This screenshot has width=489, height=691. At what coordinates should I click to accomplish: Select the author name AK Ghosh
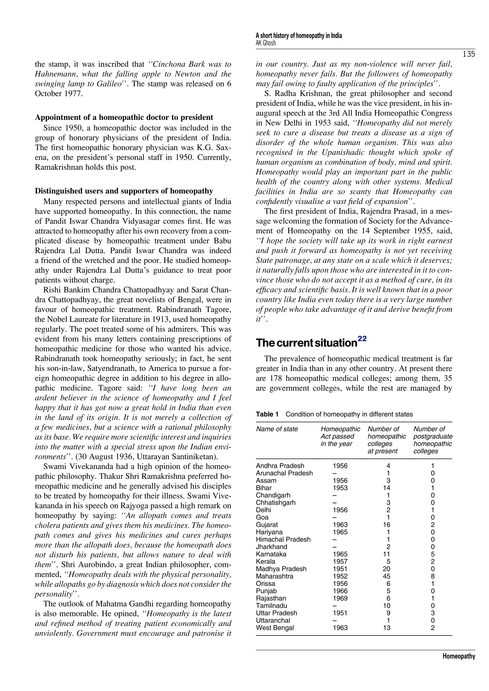click(266, 43)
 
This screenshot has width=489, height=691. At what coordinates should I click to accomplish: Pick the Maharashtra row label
click(274, 576)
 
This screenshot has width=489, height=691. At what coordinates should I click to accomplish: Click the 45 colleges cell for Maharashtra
click(386, 576)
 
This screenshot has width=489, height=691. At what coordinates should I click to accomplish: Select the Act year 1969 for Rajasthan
click(340, 598)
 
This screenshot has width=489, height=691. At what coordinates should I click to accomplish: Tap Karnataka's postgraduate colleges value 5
click(433, 554)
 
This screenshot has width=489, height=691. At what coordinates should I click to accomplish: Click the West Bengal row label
click(275, 628)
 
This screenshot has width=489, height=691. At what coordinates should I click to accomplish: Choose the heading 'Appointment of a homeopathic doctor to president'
click(124, 117)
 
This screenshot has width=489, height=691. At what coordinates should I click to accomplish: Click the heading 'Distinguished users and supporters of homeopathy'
click(124, 191)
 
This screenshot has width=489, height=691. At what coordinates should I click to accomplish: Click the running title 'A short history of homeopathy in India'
click(299, 36)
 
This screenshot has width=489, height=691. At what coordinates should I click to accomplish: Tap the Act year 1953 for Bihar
click(340, 488)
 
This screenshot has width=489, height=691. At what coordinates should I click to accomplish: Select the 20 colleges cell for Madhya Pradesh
click(386, 569)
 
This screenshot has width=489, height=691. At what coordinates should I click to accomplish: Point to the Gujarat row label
click(267, 524)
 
